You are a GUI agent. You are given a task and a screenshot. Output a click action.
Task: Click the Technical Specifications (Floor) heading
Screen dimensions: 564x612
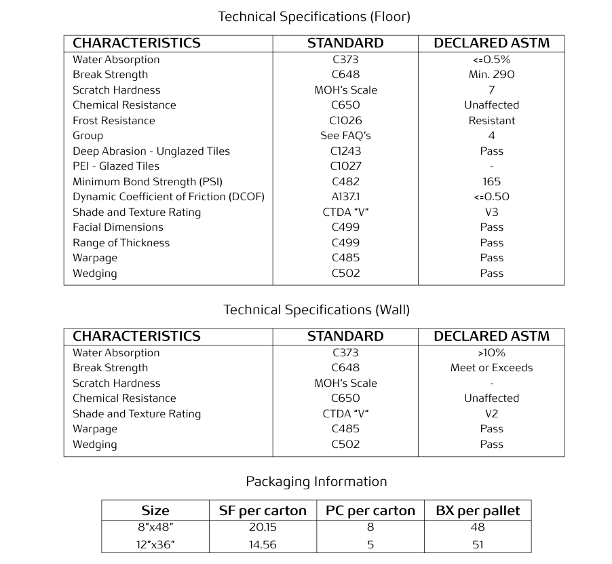tap(313, 16)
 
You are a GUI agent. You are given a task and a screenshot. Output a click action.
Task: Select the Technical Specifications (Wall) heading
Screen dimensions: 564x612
tap(316, 309)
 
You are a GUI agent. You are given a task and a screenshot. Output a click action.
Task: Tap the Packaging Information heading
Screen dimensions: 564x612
tap(316, 481)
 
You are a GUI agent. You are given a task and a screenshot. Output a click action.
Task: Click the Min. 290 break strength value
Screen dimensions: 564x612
tap(491, 75)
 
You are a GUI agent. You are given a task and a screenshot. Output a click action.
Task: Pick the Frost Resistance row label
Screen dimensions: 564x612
tap(113, 121)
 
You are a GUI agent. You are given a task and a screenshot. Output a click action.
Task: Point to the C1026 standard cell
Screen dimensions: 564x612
tap(345, 121)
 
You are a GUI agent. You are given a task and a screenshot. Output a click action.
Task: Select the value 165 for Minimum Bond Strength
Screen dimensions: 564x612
tap(491, 182)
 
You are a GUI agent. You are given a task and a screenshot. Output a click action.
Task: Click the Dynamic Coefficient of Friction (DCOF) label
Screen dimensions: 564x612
tap(168, 197)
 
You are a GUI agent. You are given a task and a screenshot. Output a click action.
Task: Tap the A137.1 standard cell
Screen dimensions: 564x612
tap(345, 197)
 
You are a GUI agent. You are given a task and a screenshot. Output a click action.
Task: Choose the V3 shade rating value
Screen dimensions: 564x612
tap(491, 212)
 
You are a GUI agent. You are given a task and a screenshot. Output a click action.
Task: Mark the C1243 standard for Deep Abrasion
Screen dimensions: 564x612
tap(345, 151)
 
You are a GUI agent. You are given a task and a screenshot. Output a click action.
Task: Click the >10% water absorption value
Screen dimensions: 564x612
tap(491, 353)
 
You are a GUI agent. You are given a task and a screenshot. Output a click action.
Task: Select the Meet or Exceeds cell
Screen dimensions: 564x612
tap(491, 368)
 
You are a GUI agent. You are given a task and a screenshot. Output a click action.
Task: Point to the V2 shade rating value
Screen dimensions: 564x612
tap(491, 414)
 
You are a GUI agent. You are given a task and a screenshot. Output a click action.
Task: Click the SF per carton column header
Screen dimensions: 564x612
tap(263, 511)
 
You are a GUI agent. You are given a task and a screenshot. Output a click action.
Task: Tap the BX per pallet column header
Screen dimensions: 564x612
tap(478, 511)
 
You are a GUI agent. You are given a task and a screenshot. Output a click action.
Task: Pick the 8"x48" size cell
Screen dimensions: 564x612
tap(155, 527)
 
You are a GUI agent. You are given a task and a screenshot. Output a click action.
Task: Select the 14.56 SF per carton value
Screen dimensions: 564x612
tap(263, 544)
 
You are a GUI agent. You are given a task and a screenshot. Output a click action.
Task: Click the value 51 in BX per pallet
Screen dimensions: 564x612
tap(478, 544)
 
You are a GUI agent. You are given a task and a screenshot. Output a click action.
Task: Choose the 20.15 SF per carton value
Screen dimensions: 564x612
tap(263, 527)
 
